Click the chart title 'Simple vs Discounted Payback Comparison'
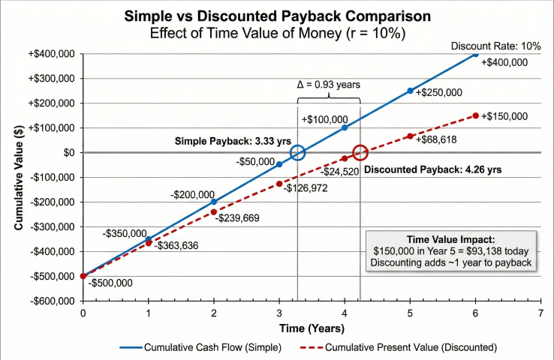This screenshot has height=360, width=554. click(277, 16)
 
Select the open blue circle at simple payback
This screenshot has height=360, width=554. click(298, 152)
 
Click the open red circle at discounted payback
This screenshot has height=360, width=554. click(360, 152)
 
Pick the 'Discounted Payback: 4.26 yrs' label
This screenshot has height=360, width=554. click(432, 169)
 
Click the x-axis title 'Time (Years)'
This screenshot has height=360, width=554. click(311, 328)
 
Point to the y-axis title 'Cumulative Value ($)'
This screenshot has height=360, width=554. click(18, 178)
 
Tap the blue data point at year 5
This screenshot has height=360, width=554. click(410, 91)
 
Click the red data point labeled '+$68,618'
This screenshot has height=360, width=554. click(410, 136)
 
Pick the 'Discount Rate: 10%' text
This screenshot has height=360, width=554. click(495, 46)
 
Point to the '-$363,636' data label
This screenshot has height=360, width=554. click(176, 246)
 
